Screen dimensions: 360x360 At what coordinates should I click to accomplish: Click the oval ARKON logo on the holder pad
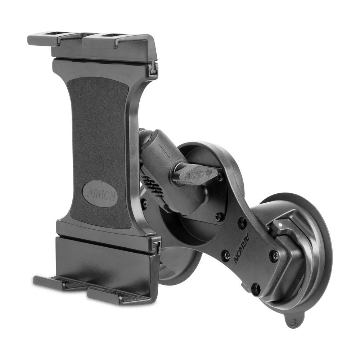point(100,193)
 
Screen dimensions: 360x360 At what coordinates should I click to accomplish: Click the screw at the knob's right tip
point(220,177)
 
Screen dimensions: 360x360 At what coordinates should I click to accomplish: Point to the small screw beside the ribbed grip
point(144,204)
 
